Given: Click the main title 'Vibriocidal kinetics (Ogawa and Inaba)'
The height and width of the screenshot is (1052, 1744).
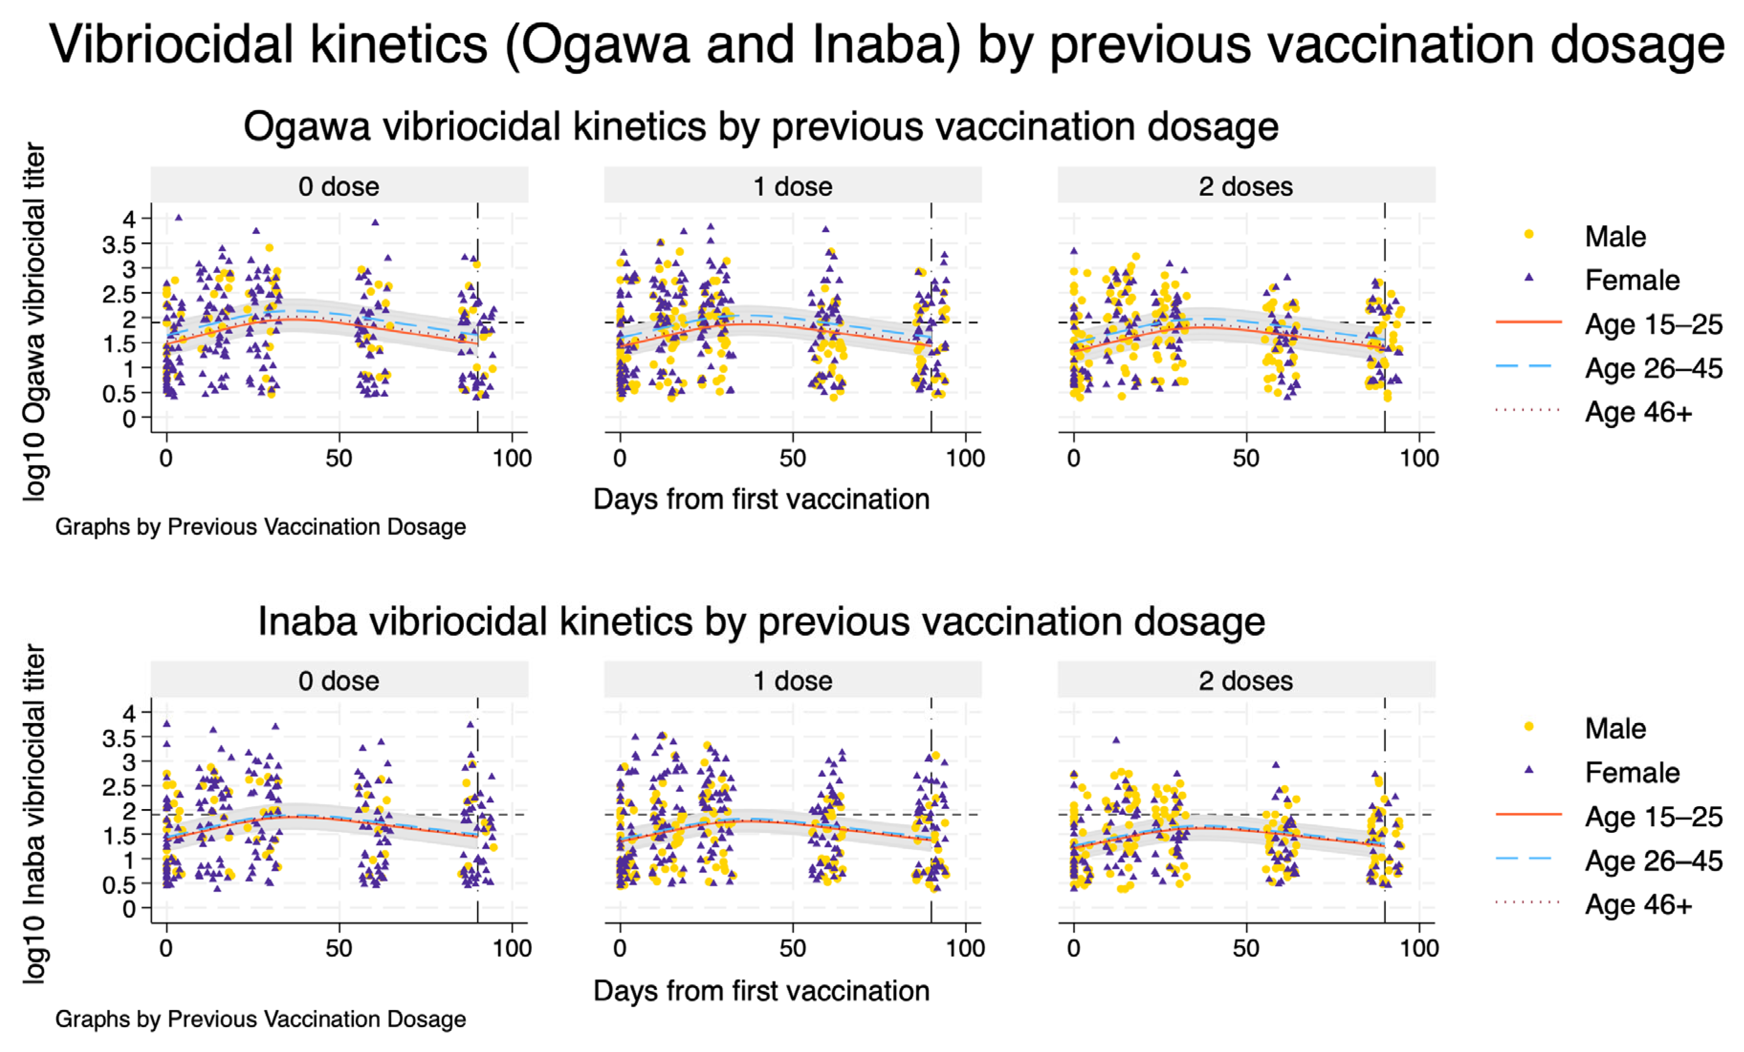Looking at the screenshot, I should [x=885, y=44].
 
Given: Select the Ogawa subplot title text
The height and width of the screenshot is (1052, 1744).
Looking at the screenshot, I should [x=761, y=127].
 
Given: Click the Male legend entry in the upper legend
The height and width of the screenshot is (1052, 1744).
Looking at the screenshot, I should [x=1615, y=236].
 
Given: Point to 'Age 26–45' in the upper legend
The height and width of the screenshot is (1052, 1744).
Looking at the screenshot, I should [x=1653, y=368].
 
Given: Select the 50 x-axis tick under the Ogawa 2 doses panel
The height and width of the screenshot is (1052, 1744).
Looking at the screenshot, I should [x=1246, y=458].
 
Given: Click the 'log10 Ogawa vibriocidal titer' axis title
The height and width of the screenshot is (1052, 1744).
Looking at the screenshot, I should [x=34, y=322].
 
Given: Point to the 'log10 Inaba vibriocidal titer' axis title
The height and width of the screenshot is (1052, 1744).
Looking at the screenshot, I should [x=34, y=814].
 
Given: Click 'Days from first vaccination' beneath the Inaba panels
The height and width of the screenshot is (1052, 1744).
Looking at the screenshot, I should [x=761, y=991].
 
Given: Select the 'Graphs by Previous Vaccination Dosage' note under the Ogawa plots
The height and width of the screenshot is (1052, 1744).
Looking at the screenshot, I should [x=260, y=527].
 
